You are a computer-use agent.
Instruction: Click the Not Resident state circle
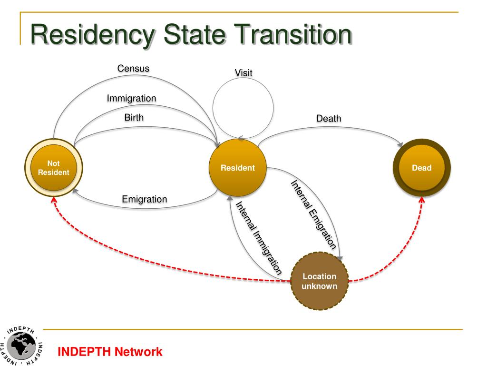coord(54,168)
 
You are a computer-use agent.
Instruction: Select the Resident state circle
coord(238,168)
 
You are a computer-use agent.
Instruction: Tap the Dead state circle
coord(421,168)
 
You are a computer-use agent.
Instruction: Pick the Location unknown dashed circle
coord(319,281)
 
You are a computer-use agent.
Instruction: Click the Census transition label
coord(133,69)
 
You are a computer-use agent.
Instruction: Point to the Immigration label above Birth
coord(131,98)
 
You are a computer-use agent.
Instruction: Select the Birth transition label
coord(134,117)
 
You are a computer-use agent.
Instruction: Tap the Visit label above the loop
coord(243,73)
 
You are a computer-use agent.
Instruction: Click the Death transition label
coord(329,118)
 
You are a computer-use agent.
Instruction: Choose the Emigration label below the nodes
coord(145,199)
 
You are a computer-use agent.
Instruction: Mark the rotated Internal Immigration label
coord(259,238)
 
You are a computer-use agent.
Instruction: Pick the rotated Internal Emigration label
coord(313,215)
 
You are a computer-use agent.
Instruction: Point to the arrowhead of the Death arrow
coord(400,144)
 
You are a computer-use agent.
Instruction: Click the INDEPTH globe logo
coord(21,346)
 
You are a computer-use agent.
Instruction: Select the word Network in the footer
coord(138,352)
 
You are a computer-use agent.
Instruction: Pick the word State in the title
coord(194,34)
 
